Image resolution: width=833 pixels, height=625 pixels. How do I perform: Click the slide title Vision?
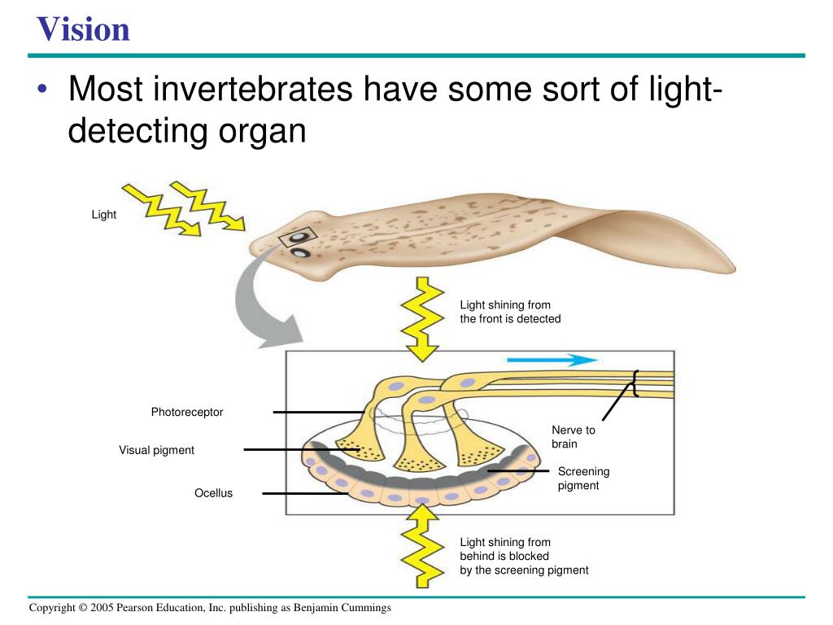pos(83,29)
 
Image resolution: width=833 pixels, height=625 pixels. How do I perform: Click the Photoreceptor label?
pos(186,413)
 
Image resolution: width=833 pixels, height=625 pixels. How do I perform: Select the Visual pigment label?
pos(156,450)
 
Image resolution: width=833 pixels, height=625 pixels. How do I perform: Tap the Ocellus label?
pos(213,493)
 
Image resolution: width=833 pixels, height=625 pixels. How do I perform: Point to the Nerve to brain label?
pos(574,437)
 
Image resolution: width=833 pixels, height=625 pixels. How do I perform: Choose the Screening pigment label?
pos(583,479)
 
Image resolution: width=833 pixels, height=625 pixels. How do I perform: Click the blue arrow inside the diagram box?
pos(550,360)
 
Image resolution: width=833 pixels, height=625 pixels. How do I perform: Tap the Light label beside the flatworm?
pos(103,215)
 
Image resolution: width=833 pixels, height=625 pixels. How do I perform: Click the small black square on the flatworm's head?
pos(290,238)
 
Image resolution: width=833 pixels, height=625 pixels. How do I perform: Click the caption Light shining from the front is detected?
pos(510,312)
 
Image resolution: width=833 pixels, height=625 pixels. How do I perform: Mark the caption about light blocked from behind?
pos(523,557)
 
